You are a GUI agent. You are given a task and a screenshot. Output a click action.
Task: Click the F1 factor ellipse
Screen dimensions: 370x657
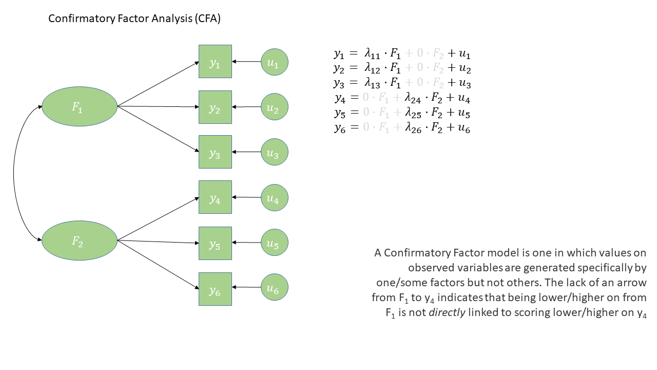tap(80, 106)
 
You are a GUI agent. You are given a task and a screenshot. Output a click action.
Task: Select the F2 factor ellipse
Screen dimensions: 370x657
tap(80, 240)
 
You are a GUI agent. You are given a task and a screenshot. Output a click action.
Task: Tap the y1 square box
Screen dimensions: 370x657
tap(215, 62)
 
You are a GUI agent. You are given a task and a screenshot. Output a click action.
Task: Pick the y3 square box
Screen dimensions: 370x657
tap(215, 152)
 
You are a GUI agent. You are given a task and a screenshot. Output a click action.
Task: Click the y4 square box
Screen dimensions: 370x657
tap(215, 197)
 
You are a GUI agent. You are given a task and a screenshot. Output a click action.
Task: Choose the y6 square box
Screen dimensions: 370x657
tap(215, 289)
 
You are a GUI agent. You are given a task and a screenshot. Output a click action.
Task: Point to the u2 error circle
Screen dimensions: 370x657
tap(274, 107)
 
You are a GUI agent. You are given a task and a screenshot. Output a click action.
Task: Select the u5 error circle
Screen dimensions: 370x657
tap(274, 243)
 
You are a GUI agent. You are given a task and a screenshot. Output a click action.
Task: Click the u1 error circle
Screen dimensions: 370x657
tap(274, 62)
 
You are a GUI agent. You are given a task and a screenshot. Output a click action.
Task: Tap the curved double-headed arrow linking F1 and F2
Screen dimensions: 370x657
tap(14, 174)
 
